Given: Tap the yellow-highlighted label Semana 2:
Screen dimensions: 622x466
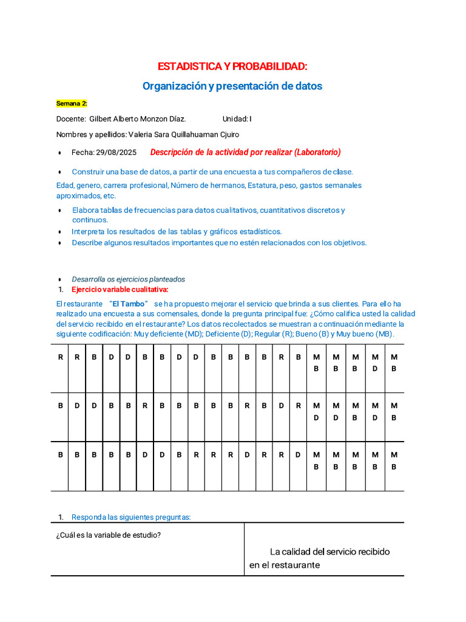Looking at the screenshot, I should (x=72, y=103).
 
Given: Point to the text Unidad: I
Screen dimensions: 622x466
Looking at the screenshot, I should (x=237, y=119).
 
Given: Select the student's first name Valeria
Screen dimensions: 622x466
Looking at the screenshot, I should (x=141, y=134).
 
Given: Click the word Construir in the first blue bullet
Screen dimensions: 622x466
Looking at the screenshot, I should (x=89, y=172).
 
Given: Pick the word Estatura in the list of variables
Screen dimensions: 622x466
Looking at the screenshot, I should (x=262, y=185).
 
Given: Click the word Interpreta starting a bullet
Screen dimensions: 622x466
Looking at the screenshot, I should (x=89, y=231).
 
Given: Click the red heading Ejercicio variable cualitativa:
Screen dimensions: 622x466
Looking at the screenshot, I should (x=120, y=289).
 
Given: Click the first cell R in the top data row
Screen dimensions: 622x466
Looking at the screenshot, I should (x=60, y=357).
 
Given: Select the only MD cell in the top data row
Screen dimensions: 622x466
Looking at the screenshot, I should (x=375, y=363).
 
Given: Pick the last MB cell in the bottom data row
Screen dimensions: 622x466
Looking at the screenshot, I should (x=394, y=460).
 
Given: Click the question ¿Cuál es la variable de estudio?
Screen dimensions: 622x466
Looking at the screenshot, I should (x=108, y=535).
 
